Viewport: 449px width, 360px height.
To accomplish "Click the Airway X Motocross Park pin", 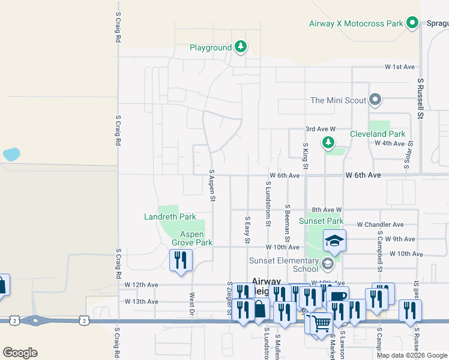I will [412, 23].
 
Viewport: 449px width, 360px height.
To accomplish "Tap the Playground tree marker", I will [240, 47].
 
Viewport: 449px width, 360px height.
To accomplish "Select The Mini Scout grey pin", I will [375, 100].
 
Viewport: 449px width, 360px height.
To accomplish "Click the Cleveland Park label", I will [378, 134].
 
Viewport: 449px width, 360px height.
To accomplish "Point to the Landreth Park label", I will [170, 217].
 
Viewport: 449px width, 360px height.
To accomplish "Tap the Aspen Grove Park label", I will [192, 238].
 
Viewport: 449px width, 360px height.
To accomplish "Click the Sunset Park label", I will [321, 221].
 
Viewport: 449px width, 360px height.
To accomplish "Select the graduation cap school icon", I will [335, 241].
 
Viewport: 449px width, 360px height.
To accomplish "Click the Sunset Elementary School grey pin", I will [327, 263].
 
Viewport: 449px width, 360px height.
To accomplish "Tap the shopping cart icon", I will [322, 322].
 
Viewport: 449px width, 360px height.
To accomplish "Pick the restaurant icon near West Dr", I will [181, 260].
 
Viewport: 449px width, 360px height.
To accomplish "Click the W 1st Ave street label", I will [400, 67].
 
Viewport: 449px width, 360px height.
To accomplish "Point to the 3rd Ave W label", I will [319, 129].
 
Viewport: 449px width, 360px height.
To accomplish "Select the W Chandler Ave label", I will [380, 224].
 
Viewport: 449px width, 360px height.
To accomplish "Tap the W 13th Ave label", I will [141, 301].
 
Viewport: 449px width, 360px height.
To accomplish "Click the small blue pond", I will [11, 154].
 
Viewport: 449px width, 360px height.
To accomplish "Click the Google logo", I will [20, 353].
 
